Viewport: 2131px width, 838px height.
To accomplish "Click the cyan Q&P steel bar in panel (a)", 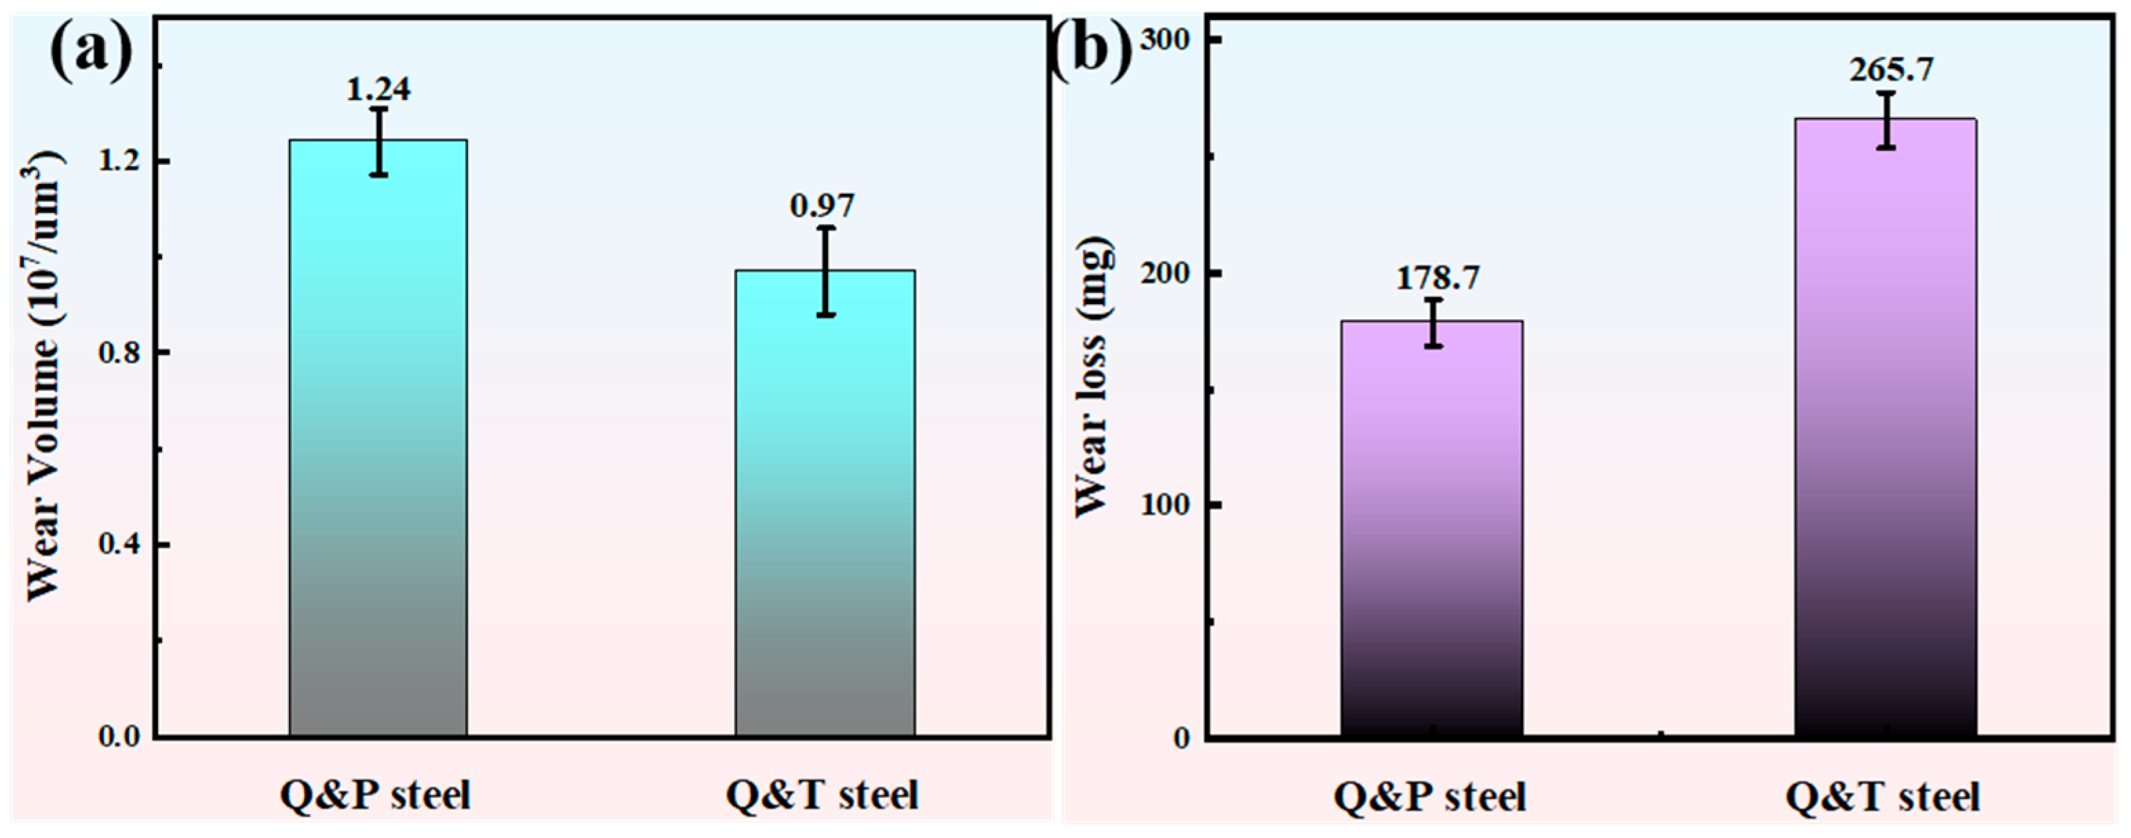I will [378, 438].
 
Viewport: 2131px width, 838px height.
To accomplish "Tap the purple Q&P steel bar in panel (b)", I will [1431, 529].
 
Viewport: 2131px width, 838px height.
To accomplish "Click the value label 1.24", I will [378, 90].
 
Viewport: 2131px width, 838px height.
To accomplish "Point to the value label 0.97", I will [822, 206].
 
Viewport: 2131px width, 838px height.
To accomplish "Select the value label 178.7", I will [1437, 278].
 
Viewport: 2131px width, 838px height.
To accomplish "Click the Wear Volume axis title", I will [46, 376].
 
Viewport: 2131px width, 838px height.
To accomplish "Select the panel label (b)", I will [1090, 51].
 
